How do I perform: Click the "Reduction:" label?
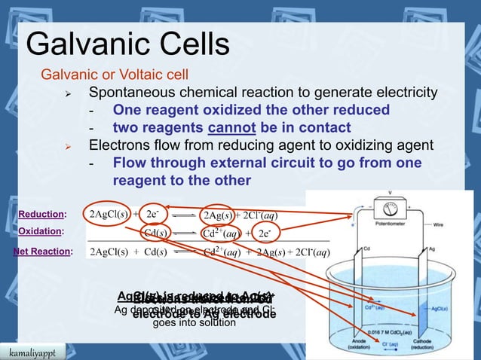(42, 215)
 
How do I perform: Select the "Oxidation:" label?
(41, 233)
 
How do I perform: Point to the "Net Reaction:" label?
(43, 252)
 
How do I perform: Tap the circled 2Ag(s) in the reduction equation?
(219, 215)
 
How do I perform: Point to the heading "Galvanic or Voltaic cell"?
(115, 75)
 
